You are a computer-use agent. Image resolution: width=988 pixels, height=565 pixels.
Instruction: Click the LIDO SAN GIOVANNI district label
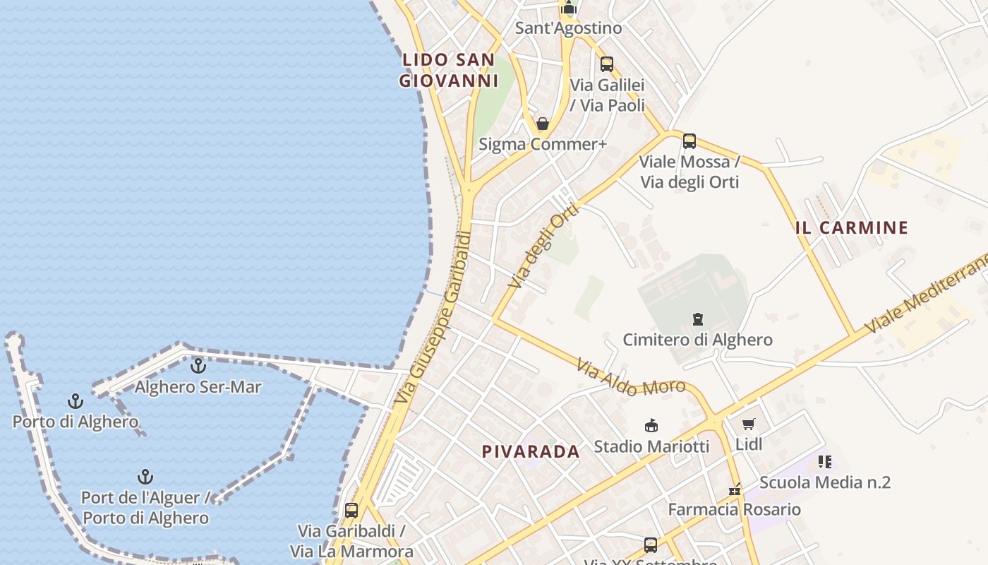click(x=449, y=70)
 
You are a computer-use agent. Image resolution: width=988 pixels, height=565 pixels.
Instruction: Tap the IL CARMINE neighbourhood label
click(x=851, y=227)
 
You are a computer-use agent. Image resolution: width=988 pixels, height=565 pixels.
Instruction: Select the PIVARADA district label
click(x=531, y=451)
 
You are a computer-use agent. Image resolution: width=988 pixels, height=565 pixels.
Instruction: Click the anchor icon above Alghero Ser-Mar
click(x=198, y=366)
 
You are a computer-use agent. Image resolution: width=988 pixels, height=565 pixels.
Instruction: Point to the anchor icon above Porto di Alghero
click(x=76, y=401)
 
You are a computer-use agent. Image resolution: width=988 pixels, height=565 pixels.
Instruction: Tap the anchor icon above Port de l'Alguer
click(x=145, y=477)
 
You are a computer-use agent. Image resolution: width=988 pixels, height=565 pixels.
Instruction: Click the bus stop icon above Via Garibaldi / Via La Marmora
click(x=351, y=510)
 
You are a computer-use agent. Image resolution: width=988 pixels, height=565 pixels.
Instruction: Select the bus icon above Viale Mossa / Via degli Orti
click(x=689, y=141)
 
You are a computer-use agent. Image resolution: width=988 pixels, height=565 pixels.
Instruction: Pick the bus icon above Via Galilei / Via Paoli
click(x=607, y=64)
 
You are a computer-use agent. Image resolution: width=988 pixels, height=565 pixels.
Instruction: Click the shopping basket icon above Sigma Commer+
click(x=543, y=124)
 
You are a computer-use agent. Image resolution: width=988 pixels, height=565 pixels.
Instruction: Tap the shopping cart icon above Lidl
click(x=749, y=424)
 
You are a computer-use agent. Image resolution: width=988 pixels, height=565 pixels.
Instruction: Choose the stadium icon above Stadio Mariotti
click(x=651, y=425)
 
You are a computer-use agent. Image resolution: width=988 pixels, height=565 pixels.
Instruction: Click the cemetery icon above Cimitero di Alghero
click(x=698, y=319)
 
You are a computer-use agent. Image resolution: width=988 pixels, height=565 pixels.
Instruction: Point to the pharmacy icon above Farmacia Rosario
click(x=735, y=489)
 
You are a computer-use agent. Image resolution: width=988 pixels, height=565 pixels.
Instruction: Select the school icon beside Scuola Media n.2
click(x=824, y=462)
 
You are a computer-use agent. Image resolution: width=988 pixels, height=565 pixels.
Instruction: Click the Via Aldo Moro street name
click(x=630, y=376)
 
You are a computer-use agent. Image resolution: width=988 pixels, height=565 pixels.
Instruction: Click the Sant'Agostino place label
click(x=568, y=28)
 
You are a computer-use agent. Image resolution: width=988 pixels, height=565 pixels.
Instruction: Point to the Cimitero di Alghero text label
click(x=697, y=340)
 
